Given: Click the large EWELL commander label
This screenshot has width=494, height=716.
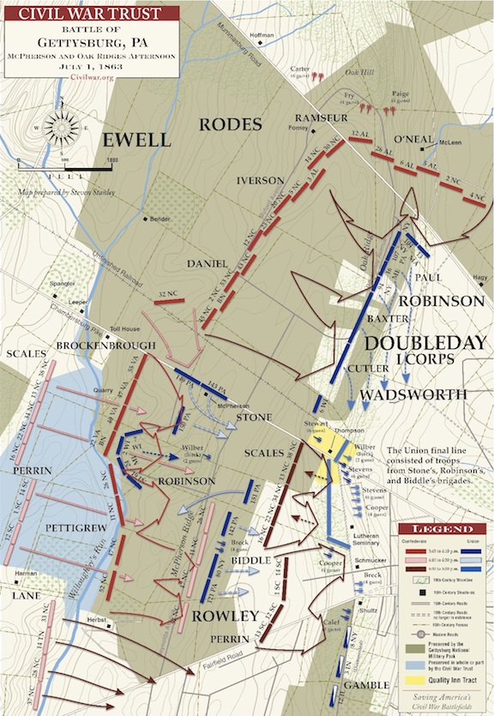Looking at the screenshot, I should pyautogui.click(x=138, y=141).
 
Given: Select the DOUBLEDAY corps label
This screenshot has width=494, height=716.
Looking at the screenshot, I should pyautogui.click(x=415, y=342).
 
